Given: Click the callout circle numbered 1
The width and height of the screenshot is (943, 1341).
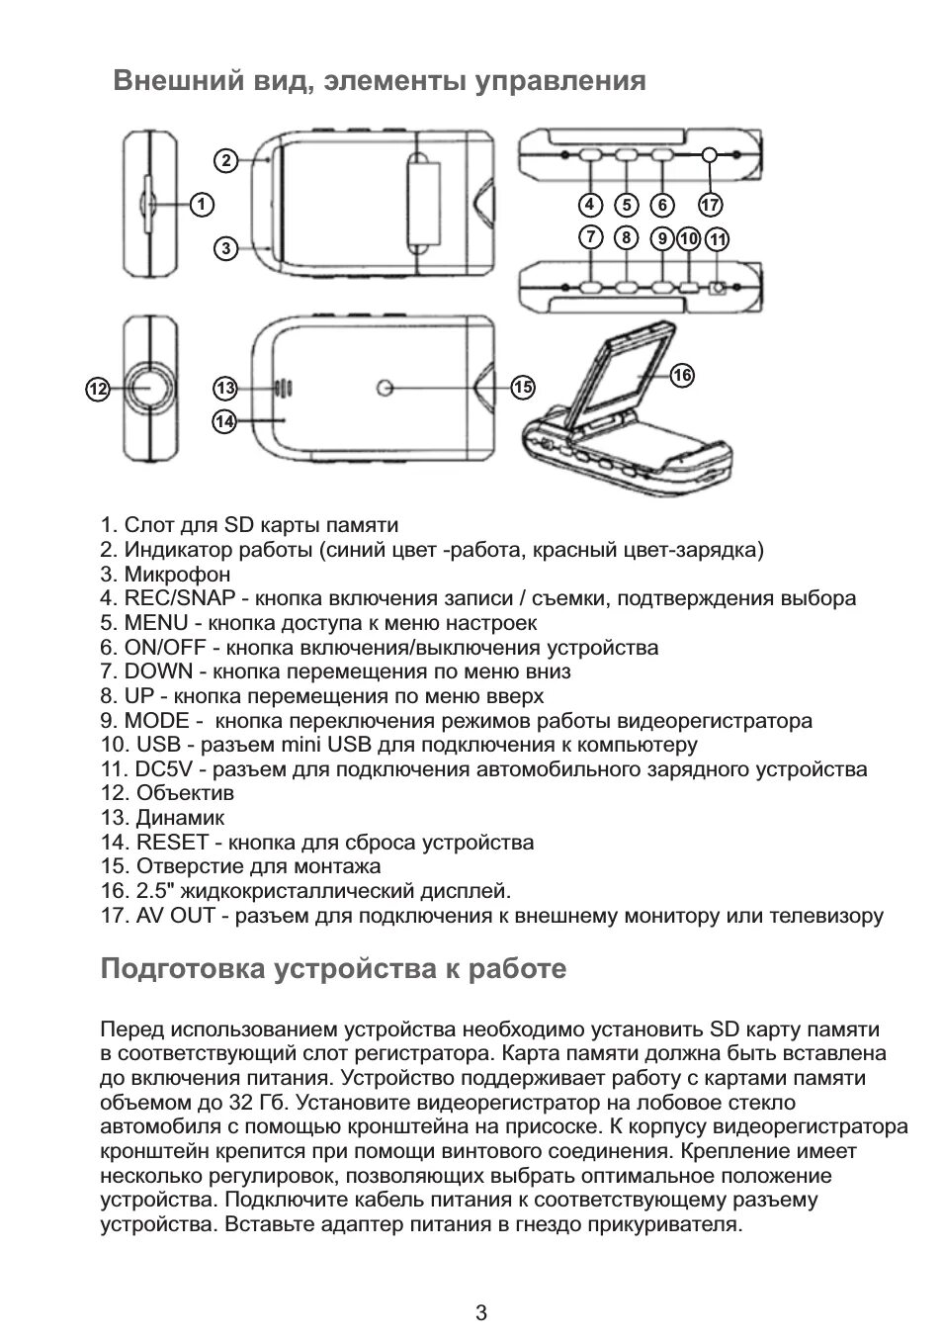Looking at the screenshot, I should click(x=201, y=205).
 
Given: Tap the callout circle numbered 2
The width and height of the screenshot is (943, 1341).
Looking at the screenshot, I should click(x=225, y=160).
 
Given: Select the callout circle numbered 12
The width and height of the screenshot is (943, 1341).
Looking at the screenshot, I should click(x=96, y=390).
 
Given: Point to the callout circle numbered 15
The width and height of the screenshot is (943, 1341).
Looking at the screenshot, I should click(x=523, y=388).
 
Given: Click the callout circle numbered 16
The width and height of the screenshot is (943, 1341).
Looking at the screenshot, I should click(x=682, y=375).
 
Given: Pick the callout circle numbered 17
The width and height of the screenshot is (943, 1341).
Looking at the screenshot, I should click(x=710, y=205).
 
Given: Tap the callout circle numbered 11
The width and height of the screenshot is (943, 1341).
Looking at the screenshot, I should click(x=719, y=238).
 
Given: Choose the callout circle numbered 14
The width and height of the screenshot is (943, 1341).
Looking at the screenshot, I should click(x=224, y=421).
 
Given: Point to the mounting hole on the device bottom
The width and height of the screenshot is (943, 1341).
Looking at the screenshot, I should click(x=385, y=389).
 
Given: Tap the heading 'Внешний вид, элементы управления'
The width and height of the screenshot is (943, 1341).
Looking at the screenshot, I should click(x=380, y=81).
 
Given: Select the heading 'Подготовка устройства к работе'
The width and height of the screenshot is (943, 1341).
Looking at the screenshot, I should click(x=333, y=968).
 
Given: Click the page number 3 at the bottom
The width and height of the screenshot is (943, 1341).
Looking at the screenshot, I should click(x=481, y=1313).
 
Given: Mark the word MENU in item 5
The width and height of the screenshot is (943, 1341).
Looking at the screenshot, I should click(x=156, y=623).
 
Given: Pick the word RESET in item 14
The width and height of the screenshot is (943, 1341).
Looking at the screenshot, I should click(x=172, y=843).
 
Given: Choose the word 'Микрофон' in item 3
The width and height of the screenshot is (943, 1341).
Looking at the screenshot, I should click(x=177, y=575).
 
